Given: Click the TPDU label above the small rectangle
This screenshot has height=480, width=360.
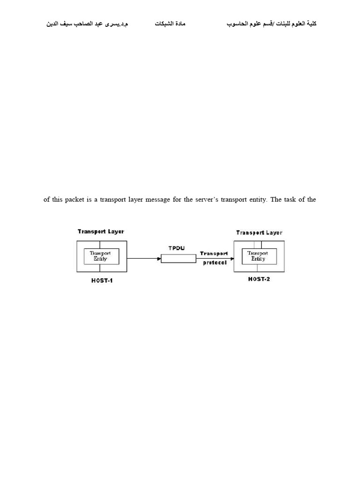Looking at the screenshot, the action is (x=179, y=247).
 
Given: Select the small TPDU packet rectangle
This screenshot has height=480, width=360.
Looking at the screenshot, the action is (x=179, y=259).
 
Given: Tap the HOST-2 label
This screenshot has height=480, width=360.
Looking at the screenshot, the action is (x=259, y=279).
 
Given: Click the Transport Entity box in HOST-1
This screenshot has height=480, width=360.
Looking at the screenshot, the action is (x=101, y=256).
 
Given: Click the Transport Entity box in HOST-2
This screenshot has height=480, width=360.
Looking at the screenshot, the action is (x=259, y=256).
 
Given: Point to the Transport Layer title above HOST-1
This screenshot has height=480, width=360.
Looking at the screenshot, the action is (x=101, y=232).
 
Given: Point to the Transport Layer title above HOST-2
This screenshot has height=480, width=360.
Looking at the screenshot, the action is (x=259, y=232).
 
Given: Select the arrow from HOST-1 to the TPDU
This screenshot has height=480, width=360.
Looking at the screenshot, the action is (x=143, y=258).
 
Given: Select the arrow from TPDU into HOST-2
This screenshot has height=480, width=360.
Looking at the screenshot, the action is (x=215, y=258).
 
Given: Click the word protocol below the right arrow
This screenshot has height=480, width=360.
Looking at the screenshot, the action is (x=215, y=263).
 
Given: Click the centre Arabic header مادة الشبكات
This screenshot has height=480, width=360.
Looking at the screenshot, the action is (x=170, y=23).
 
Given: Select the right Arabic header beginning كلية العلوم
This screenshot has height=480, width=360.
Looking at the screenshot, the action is (x=272, y=23).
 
